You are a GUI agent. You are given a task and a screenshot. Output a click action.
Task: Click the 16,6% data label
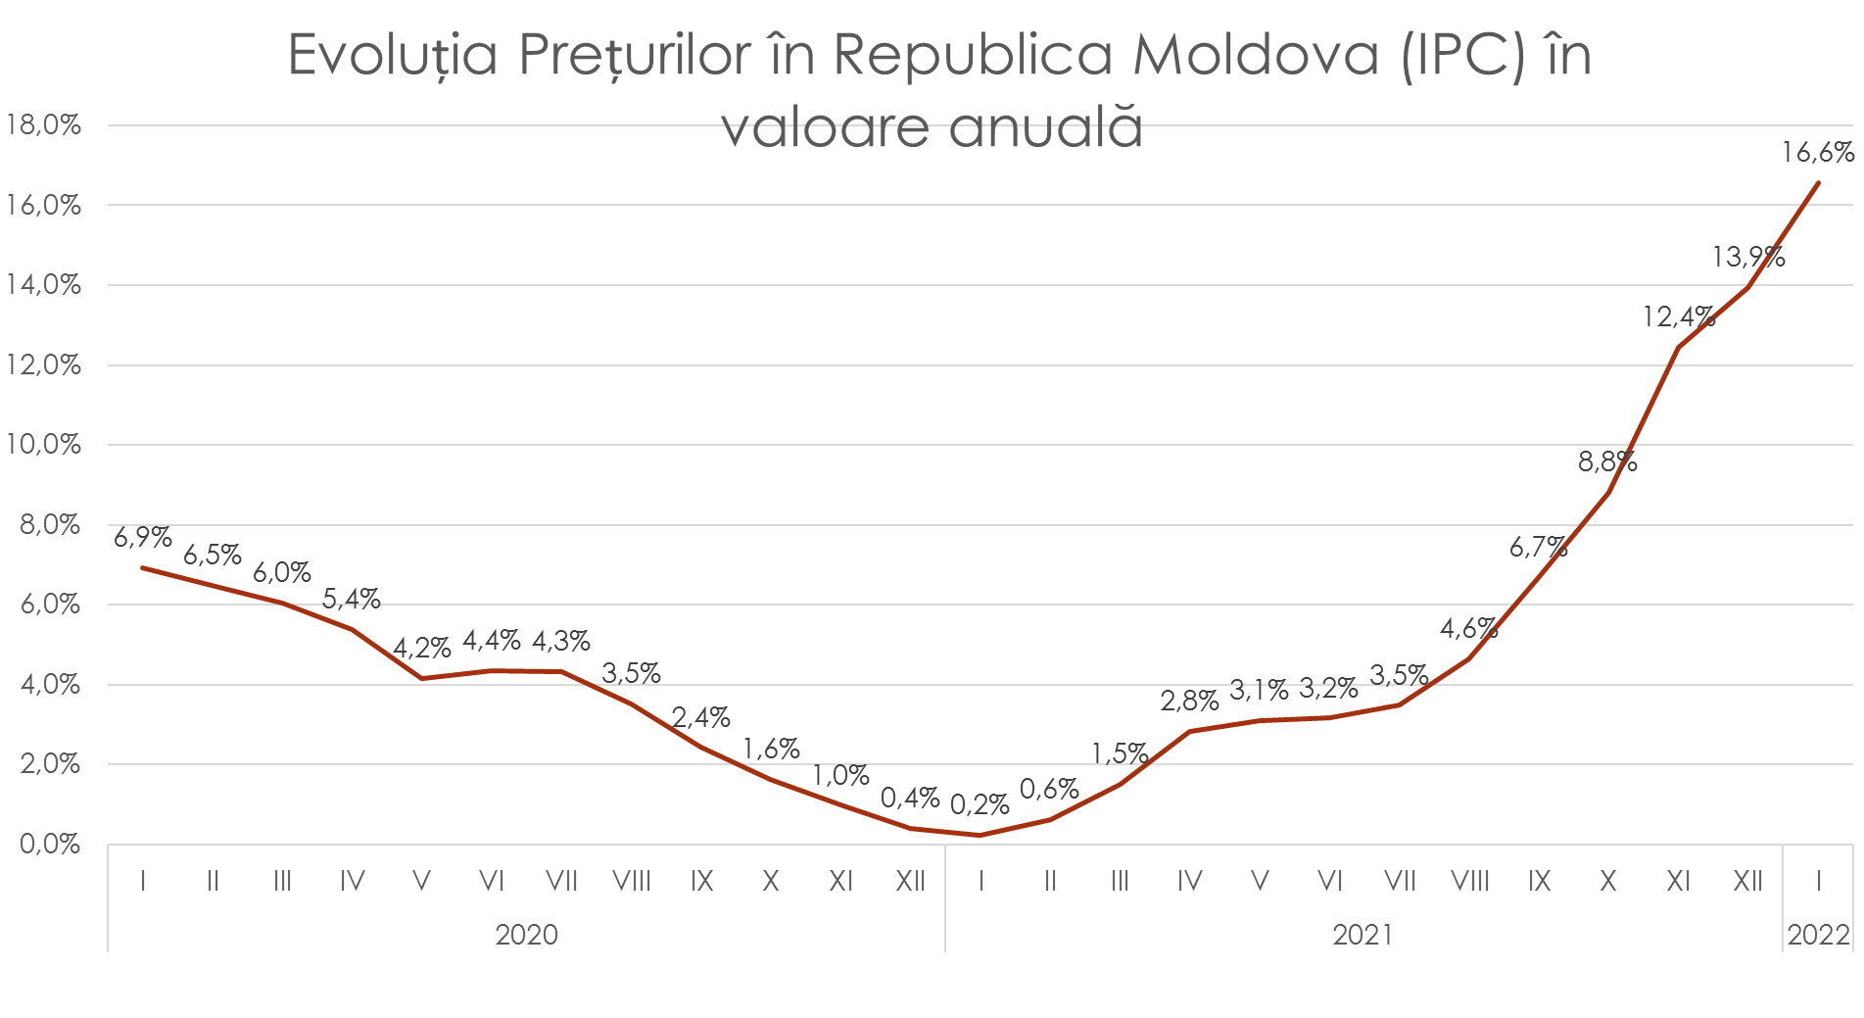click(1817, 153)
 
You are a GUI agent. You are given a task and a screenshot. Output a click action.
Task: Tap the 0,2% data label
click(980, 805)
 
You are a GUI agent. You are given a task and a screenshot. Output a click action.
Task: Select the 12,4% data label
click(1678, 316)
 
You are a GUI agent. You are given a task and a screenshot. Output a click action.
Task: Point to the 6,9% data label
click(142, 537)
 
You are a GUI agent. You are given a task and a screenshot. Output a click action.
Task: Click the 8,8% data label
click(1607, 461)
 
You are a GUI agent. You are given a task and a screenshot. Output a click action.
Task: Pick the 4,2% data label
click(421, 649)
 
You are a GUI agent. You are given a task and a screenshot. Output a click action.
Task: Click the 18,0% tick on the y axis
click(43, 125)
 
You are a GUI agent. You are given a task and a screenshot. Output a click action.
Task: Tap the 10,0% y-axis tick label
click(43, 445)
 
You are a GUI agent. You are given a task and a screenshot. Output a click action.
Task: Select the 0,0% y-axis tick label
click(49, 844)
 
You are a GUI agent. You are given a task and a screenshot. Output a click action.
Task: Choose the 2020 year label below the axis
click(526, 935)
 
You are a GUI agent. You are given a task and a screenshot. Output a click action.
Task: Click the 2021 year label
click(1362, 935)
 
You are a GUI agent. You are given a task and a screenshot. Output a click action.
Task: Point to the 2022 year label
click(1818, 935)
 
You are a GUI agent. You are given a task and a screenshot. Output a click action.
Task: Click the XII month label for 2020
click(910, 882)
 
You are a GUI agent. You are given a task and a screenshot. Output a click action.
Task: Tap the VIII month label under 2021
click(1469, 882)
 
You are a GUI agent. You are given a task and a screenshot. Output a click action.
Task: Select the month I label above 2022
click(1818, 882)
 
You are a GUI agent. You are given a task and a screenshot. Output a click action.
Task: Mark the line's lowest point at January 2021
click(980, 835)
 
